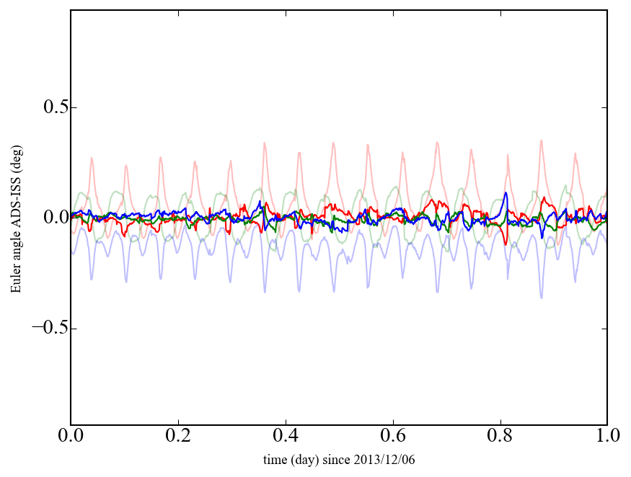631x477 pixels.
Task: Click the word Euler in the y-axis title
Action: pos(15,281)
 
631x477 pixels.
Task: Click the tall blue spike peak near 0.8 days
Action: pos(506,193)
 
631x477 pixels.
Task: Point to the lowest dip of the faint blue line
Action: pos(542,298)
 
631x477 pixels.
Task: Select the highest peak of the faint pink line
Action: pos(541,141)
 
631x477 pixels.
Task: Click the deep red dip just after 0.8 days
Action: pos(506,244)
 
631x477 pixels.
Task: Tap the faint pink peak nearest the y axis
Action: pos(92,158)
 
